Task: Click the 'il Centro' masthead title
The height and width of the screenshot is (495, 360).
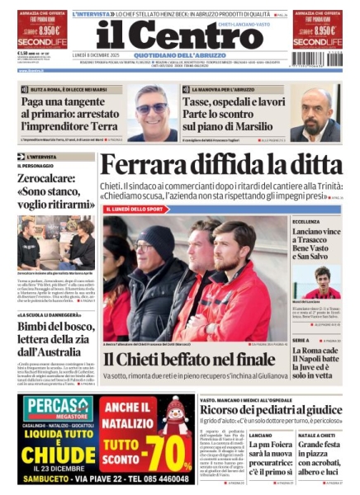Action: point(179,35)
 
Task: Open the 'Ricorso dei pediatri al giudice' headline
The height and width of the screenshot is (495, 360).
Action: point(270,409)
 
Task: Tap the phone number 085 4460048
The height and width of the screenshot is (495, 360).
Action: point(153,479)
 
